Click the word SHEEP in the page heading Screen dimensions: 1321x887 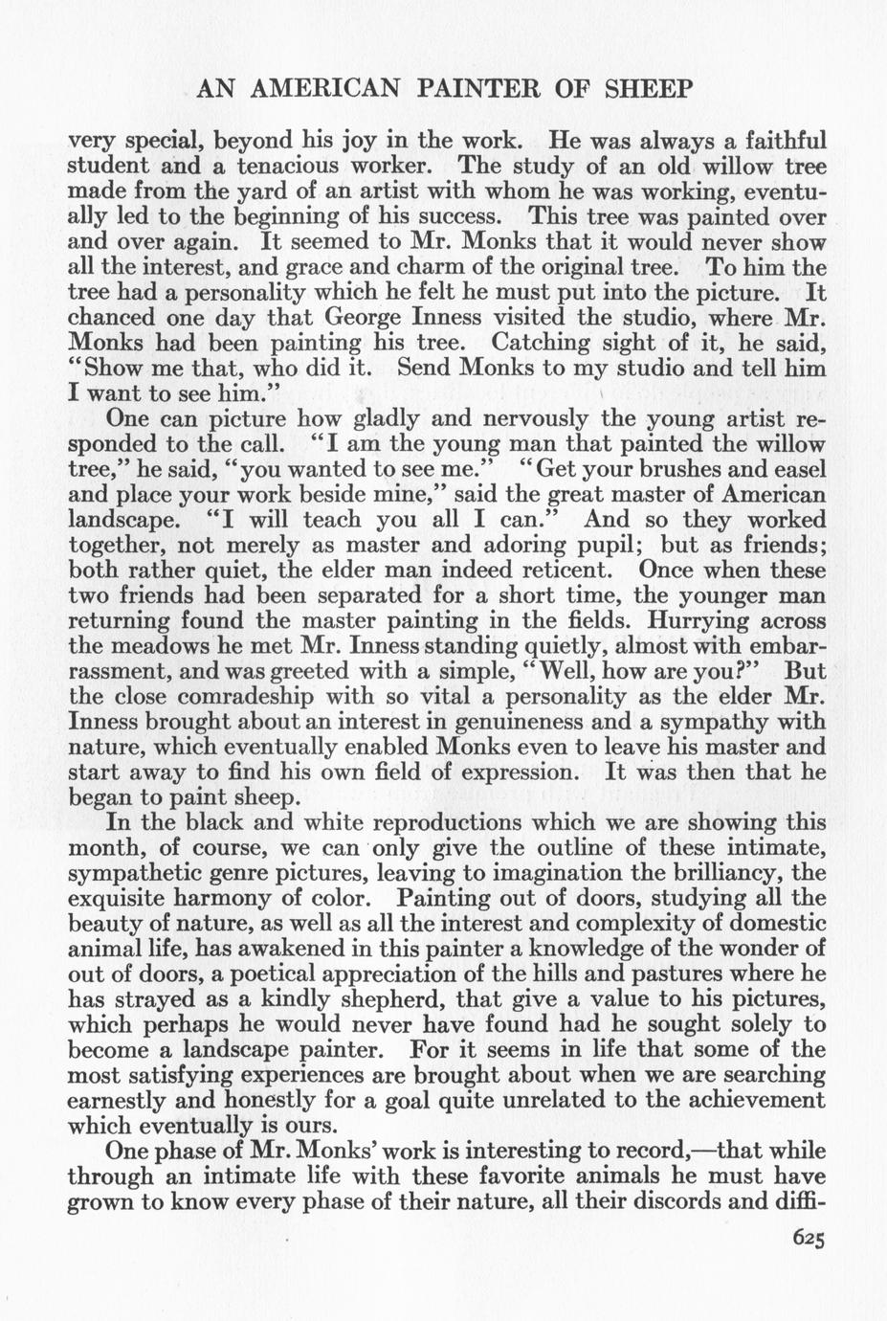(x=649, y=89)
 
